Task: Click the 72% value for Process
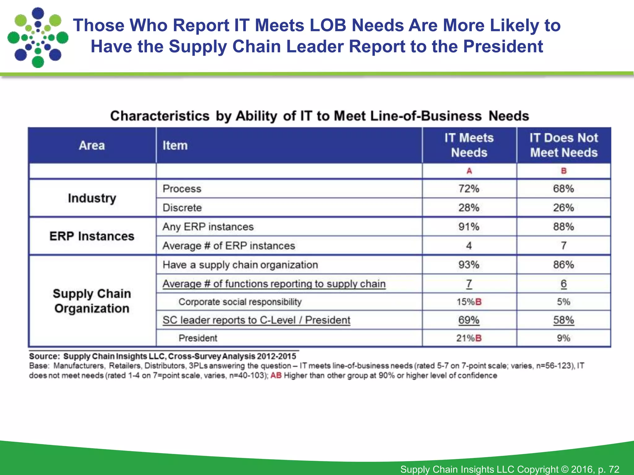point(469,189)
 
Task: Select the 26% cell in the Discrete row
point(563,208)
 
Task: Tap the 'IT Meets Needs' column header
point(469,145)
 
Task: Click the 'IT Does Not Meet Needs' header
point(563,145)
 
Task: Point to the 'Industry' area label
point(92,198)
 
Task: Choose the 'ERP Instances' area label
point(92,236)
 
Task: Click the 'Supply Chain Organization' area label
point(92,301)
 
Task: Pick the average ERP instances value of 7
point(563,246)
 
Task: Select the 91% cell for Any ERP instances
point(469,227)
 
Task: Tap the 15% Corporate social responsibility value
point(466,302)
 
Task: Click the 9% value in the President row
point(563,338)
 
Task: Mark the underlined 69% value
point(469,320)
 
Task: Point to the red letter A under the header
point(469,171)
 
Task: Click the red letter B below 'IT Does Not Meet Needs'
point(563,171)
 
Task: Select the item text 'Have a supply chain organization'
point(240,265)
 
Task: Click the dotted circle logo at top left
point(38,38)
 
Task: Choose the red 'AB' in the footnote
point(276,376)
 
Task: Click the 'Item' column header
point(175,145)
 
